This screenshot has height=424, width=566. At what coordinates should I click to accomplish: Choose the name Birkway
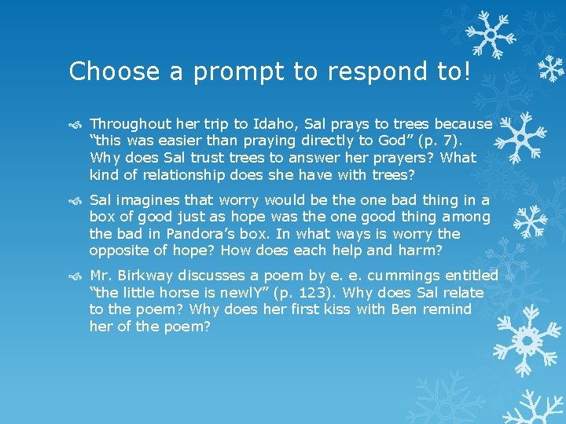pos(146,276)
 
